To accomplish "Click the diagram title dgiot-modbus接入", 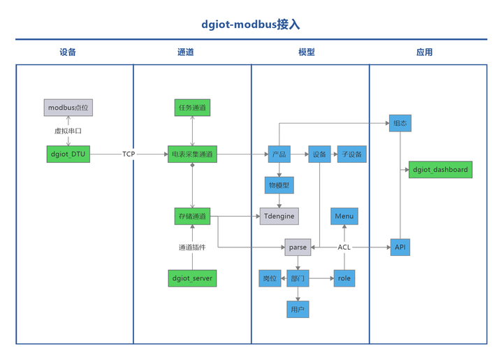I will click(x=251, y=24).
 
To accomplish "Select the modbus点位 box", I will click(x=68, y=108).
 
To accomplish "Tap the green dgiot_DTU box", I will click(x=68, y=154).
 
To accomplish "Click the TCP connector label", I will click(x=129, y=154).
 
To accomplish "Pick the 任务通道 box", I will click(x=192, y=108).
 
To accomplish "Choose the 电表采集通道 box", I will click(x=192, y=154).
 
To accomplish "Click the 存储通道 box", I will click(x=192, y=217).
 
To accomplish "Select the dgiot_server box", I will click(x=192, y=278).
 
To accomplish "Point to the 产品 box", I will click(x=278, y=154).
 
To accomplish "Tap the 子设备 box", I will click(x=350, y=154).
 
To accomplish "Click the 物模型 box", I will click(x=278, y=185).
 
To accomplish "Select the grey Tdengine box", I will click(x=278, y=217).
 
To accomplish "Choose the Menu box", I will click(x=344, y=217).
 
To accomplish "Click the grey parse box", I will click(x=298, y=247).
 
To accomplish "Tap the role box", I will click(x=344, y=278).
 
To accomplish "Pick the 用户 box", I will click(x=298, y=309).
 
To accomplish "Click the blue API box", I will click(x=400, y=247).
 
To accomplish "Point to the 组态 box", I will click(x=400, y=123).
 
